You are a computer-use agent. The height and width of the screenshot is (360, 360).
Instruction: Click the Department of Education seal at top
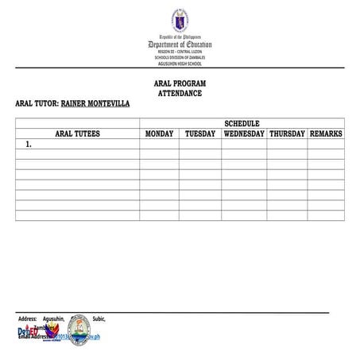pos(180,20)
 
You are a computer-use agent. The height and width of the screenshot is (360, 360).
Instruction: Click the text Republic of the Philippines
pos(180,37)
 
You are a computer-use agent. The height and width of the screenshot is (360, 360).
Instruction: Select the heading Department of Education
pos(180,45)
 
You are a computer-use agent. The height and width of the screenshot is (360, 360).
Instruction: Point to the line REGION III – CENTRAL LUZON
pos(180,52)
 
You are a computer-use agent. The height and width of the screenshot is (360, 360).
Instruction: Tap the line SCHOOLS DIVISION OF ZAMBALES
pos(180,58)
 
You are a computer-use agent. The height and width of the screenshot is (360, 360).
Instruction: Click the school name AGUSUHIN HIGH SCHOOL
pos(180,64)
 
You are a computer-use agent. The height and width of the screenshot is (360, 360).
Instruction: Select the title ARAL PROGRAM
pos(180,83)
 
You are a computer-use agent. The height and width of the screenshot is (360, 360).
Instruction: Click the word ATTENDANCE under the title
pos(180,94)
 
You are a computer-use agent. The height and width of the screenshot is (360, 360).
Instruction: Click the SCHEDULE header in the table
pos(242,123)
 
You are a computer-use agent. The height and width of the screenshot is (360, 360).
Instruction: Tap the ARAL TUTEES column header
pos(77,134)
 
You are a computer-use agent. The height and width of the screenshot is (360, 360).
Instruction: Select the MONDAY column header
pos(159,134)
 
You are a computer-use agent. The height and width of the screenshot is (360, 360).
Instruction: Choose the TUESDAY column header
pos(200,134)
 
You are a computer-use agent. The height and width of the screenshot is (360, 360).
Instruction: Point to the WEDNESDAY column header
pos(244,134)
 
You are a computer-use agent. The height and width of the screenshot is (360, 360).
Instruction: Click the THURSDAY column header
pos(287,134)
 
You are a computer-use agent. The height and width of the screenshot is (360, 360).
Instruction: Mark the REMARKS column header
pos(326,134)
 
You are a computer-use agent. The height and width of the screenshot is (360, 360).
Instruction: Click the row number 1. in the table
pos(29,145)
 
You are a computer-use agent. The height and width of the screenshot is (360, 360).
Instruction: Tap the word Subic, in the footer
pos(99,319)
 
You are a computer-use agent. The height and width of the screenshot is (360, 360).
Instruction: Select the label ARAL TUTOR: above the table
pos(37,104)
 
